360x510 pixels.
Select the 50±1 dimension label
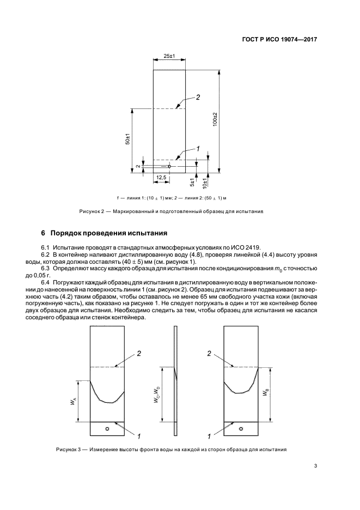click(126, 138)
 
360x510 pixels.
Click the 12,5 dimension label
click(161, 178)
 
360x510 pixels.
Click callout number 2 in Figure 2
click(198, 98)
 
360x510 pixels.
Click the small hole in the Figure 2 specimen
click(169, 166)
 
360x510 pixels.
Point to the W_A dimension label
click(74, 401)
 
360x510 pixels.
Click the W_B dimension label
click(265, 393)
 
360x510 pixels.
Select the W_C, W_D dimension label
click(157, 393)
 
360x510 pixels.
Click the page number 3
click(315, 465)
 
